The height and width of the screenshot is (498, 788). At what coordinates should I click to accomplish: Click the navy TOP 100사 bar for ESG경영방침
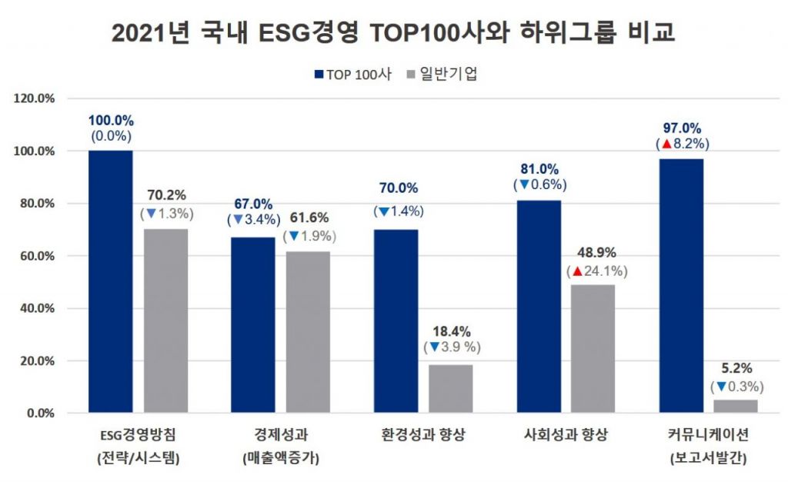[110, 281]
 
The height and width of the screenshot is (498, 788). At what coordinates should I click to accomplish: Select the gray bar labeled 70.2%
[165, 320]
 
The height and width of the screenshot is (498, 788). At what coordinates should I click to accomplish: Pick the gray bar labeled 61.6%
[309, 331]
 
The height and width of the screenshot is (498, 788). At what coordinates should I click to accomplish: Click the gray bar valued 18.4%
[451, 388]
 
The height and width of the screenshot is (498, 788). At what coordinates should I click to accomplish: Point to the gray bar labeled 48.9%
[593, 348]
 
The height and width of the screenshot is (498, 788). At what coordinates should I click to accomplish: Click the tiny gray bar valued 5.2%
[736, 406]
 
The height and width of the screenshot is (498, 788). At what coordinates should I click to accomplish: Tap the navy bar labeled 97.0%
[681, 285]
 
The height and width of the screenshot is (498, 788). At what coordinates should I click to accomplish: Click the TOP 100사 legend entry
[353, 75]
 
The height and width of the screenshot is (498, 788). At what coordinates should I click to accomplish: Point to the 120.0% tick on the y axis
[34, 99]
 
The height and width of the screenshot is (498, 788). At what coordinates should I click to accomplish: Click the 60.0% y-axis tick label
[36, 256]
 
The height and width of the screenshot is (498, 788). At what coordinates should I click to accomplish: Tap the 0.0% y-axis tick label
[39, 413]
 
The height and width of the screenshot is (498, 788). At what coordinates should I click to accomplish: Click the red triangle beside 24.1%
[576, 271]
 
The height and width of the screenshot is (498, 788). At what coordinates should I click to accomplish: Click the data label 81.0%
[539, 169]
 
